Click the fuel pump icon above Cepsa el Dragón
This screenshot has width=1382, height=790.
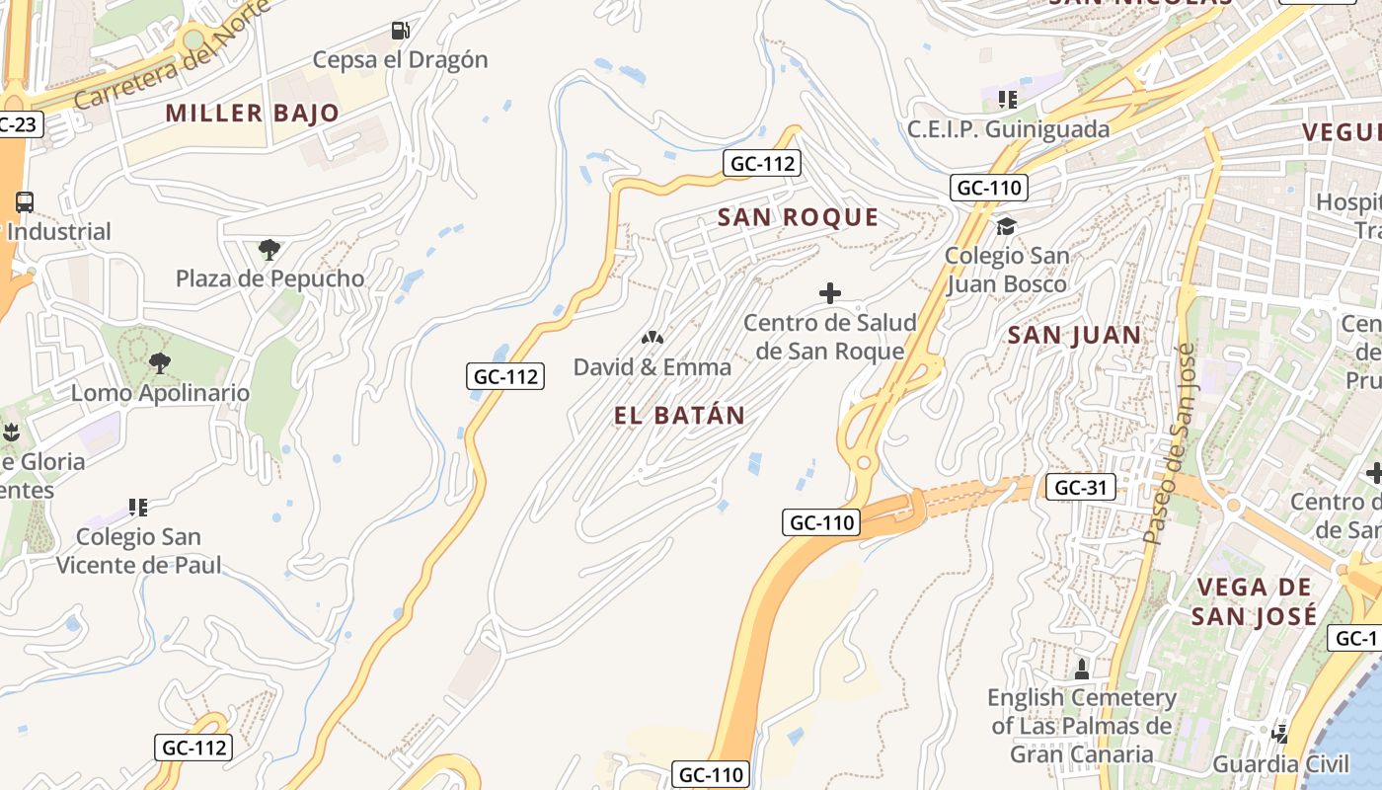400,31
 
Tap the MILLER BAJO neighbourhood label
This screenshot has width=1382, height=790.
252,113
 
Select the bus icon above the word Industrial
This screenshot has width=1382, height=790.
25,202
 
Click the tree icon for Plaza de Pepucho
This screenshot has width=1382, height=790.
269,249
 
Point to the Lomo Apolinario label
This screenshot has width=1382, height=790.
160,393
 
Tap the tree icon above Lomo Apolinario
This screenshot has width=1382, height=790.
159,363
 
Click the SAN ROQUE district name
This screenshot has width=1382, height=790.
798,217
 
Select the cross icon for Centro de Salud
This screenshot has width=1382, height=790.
830,293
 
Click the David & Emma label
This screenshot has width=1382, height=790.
653,367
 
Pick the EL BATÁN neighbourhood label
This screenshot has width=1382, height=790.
679,416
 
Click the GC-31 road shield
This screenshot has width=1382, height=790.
1080,487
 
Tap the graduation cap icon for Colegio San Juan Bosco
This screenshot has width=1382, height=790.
1006,227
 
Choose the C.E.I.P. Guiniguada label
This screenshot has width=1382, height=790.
1008,129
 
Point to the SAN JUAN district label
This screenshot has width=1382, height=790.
1074,336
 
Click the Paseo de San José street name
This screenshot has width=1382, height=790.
1170,444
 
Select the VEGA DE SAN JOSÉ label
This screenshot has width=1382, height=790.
1254,601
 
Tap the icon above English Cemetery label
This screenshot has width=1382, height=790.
1082,669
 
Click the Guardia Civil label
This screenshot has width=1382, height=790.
1280,763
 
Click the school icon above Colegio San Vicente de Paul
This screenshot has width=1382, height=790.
138,508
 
